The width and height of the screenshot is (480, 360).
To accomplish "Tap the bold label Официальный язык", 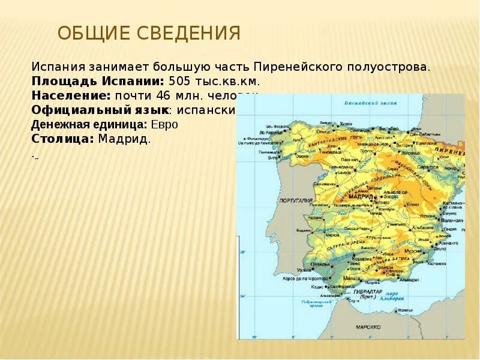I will click(x=99, y=110).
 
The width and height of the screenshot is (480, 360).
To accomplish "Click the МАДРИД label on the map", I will click(x=363, y=195).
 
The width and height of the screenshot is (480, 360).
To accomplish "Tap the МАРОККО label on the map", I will click(x=368, y=328).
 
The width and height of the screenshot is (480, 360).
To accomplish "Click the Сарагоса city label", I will click(x=428, y=166).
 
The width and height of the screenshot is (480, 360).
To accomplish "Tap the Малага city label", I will click(x=352, y=279).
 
